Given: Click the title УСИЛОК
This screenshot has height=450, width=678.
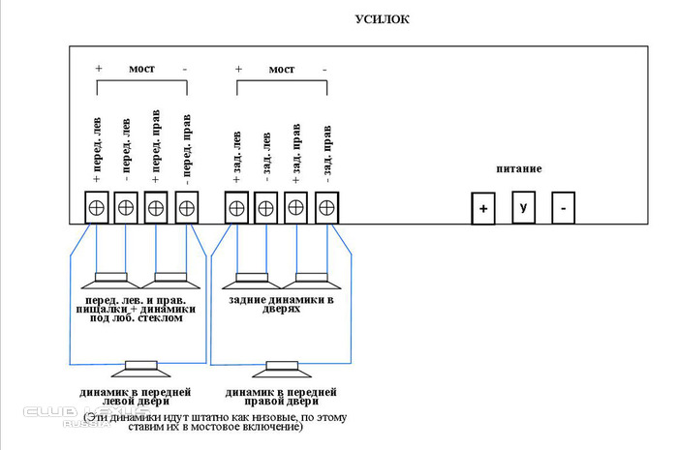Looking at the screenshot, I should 385,17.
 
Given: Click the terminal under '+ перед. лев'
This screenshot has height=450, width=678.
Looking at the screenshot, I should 98,208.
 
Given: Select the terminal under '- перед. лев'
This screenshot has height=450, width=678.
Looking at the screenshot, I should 127,208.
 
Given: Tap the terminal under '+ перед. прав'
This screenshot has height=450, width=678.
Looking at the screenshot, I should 157,208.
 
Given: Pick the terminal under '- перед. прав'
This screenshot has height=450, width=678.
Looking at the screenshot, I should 186,208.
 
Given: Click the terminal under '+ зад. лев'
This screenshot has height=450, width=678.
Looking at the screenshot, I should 236,208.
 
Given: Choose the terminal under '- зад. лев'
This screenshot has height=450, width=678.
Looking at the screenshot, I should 266,208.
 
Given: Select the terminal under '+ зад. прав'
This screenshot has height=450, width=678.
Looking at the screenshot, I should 296,208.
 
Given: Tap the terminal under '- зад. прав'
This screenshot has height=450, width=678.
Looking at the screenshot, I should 326,208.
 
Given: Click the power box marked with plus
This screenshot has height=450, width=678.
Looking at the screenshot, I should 483,208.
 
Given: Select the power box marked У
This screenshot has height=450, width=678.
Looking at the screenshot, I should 524,208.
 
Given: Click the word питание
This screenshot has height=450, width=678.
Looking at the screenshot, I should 518,169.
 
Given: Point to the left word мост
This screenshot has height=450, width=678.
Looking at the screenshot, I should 141,70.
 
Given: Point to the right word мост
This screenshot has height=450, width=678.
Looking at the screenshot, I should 281,70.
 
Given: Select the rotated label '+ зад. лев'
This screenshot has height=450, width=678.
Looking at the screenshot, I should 236,156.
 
